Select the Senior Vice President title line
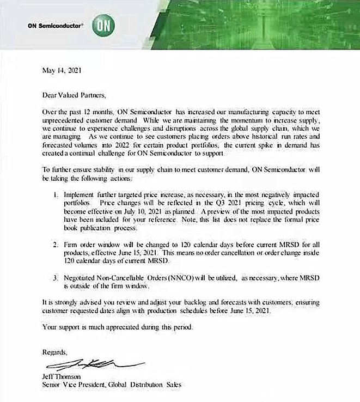pos(112,385)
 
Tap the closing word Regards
pos(55,351)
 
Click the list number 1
pos(56,194)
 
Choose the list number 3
pos(56,277)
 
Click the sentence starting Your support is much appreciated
pos(117,327)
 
